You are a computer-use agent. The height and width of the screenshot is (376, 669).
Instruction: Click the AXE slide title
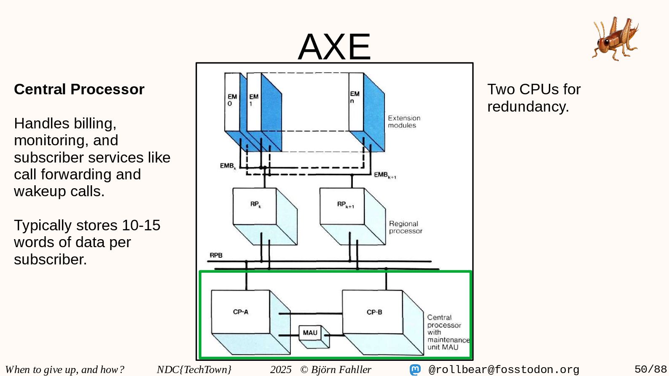pyautogui.click(x=334, y=46)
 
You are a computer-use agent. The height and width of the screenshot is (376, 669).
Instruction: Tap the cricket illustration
pyautogui.click(x=615, y=38)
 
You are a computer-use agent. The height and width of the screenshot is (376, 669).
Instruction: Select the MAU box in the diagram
pyautogui.click(x=310, y=333)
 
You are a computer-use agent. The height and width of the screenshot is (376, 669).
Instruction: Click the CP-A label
pyautogui.click(x=241, y=312)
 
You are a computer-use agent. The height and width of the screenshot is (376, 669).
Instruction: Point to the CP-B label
pyautogui.click(x=374, y=312)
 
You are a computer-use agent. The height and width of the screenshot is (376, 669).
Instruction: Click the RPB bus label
pyautogui.click(x=216, y=255)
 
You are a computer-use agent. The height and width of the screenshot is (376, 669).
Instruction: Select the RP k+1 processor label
pyautogui.click(x=345, y=205)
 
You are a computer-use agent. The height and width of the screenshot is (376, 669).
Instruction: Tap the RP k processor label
pyautogui.click(x=255, y=204)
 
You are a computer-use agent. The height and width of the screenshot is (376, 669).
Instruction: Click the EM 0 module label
pyautogui.click(x=232, y=100)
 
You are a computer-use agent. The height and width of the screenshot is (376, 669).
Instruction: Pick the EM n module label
pyautogui.click(x=355, y=97)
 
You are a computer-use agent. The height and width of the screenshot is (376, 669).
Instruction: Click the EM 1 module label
pyautogui.click(x=253, y=100)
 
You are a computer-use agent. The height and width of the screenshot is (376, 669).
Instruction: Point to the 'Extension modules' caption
pyautogui.click(x=404, y=122)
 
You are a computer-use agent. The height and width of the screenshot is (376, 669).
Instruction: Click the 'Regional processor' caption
pyautogui.click(x=405, y=227)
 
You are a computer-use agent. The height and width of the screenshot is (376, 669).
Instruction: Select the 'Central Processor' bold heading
pyautogui.click(x=79, y=89)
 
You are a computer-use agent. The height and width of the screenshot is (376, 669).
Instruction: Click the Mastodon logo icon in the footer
pyautogui.click(x=415, y=370)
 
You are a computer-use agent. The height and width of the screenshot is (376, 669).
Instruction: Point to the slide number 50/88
pyautogui.click(x=650, y=369)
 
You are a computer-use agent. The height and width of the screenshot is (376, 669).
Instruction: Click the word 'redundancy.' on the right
pyautogui.click(x=528, y=107)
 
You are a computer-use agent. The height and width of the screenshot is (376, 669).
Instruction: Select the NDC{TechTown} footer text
pyautogui.click(x=194, y=369)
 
